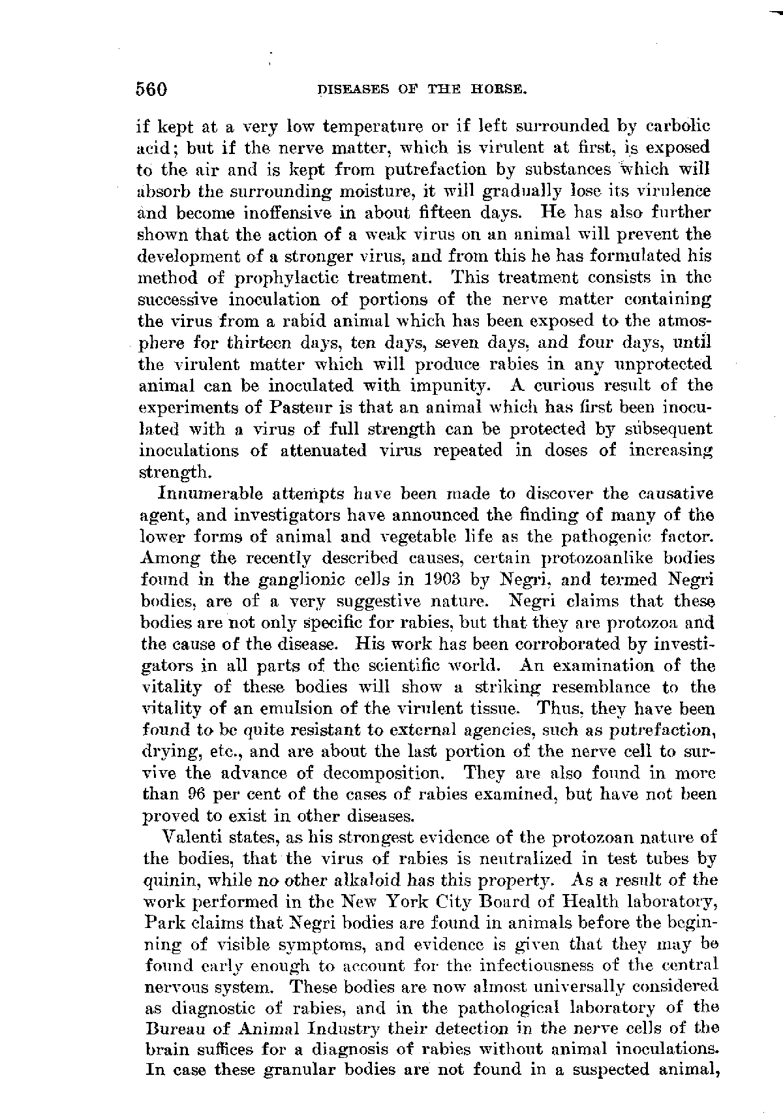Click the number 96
pos(197,795)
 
